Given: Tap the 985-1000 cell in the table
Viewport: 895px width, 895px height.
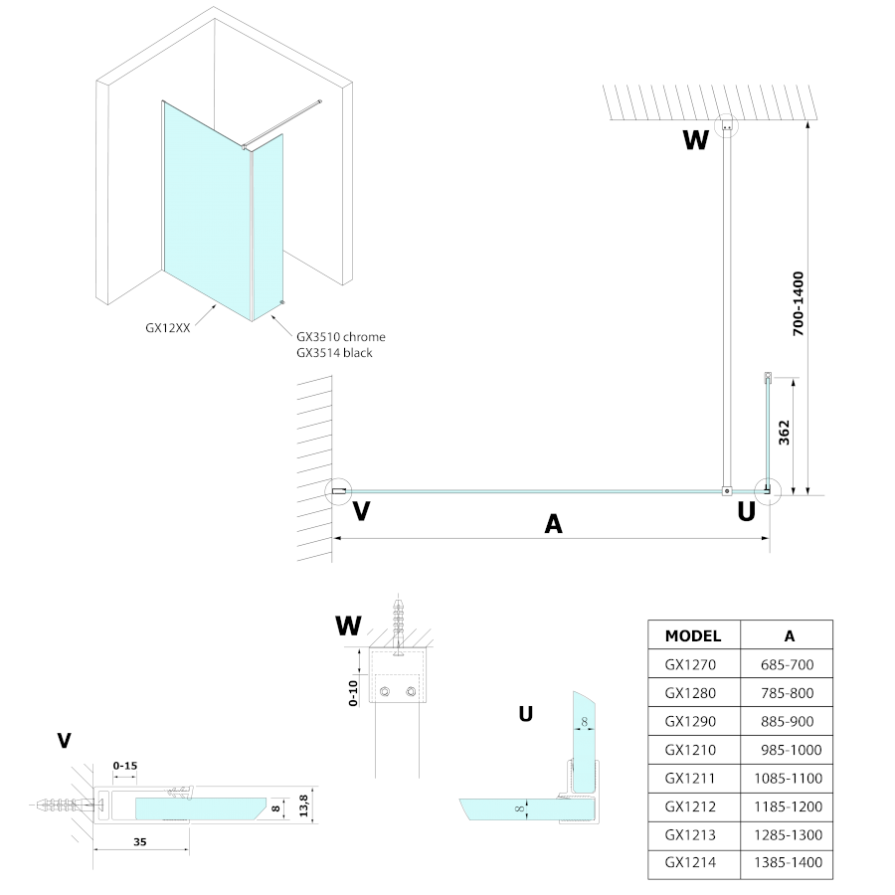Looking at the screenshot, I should pos(789,749).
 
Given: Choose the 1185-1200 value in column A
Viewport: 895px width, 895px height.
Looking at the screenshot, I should pos(789,806).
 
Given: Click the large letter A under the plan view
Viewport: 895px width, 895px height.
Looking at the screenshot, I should pos(554,524).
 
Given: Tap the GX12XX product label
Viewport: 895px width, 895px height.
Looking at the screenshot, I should pos(167,324).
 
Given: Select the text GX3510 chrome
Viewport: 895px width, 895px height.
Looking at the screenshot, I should pos(340,337).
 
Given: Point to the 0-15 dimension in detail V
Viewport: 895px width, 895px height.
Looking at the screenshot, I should pos(126,765).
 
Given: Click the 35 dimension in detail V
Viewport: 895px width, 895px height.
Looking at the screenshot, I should pos(139,841).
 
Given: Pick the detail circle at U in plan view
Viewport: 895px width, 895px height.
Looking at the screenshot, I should pos(767,490).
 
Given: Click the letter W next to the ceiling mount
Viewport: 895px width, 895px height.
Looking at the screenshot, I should pos(696,140).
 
